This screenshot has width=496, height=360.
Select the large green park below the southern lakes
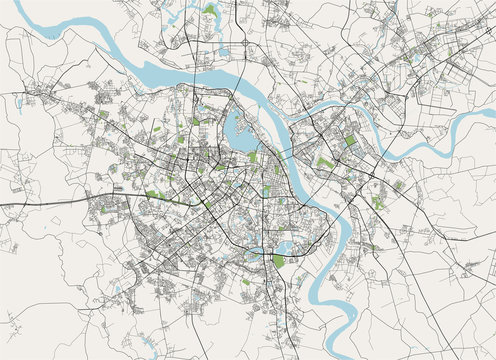(278, 260)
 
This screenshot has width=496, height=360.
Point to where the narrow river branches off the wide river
(300, 117)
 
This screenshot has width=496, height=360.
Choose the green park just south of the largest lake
(253, 157)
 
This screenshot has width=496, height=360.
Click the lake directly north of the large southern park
(282, 245)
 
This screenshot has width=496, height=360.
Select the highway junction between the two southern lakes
(262, 251)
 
